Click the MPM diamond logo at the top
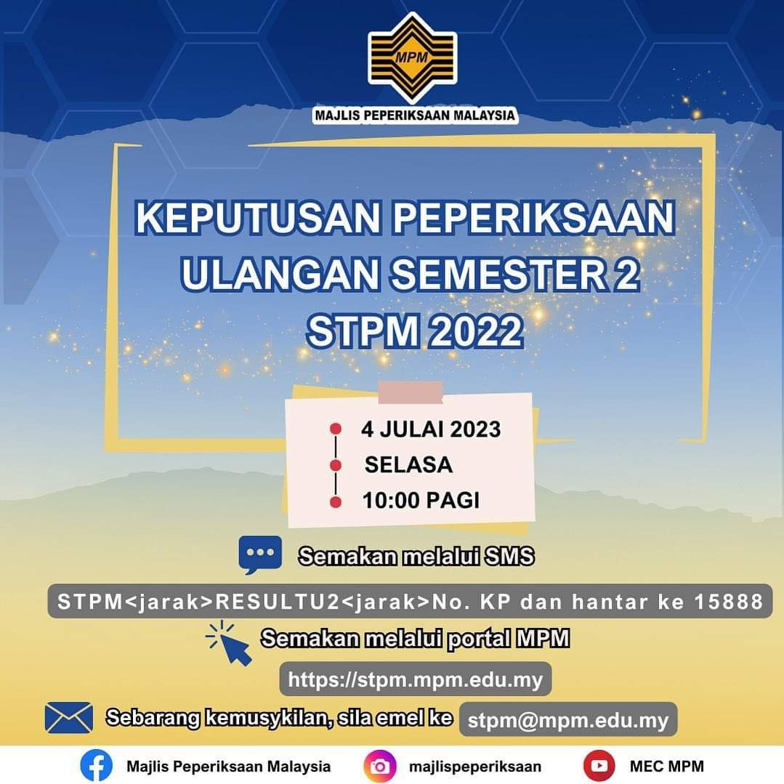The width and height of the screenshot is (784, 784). (x=413, y=57)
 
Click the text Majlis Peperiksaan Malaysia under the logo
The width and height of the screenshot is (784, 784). (x=414, y=116)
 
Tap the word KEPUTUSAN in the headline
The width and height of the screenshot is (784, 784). (x=259, y=218)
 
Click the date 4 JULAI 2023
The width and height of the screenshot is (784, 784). (x=431, y=429)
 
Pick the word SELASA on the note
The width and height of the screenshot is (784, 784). (x=408, y=464)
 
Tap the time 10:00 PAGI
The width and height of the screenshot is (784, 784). (x=421, y=501)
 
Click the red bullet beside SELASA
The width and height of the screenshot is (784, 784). (x=336, y=466)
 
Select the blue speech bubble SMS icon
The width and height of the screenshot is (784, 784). (x=260, y=554)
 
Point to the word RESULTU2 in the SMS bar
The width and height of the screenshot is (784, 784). (x=278, y=602)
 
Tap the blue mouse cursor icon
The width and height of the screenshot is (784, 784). (x=229, y=643)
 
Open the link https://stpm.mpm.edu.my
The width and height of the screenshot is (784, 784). (x=416, y=679)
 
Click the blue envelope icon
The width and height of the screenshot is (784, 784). (x=69, y=717)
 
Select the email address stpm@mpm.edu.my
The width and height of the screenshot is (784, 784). (x=567, y=720)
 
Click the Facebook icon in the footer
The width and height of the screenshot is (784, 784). (x=97, y=766)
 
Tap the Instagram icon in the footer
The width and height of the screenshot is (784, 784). (x=380, y=766)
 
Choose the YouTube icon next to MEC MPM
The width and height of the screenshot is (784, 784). (x=599, y=766)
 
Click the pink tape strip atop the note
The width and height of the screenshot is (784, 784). (x=411, y=392)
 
